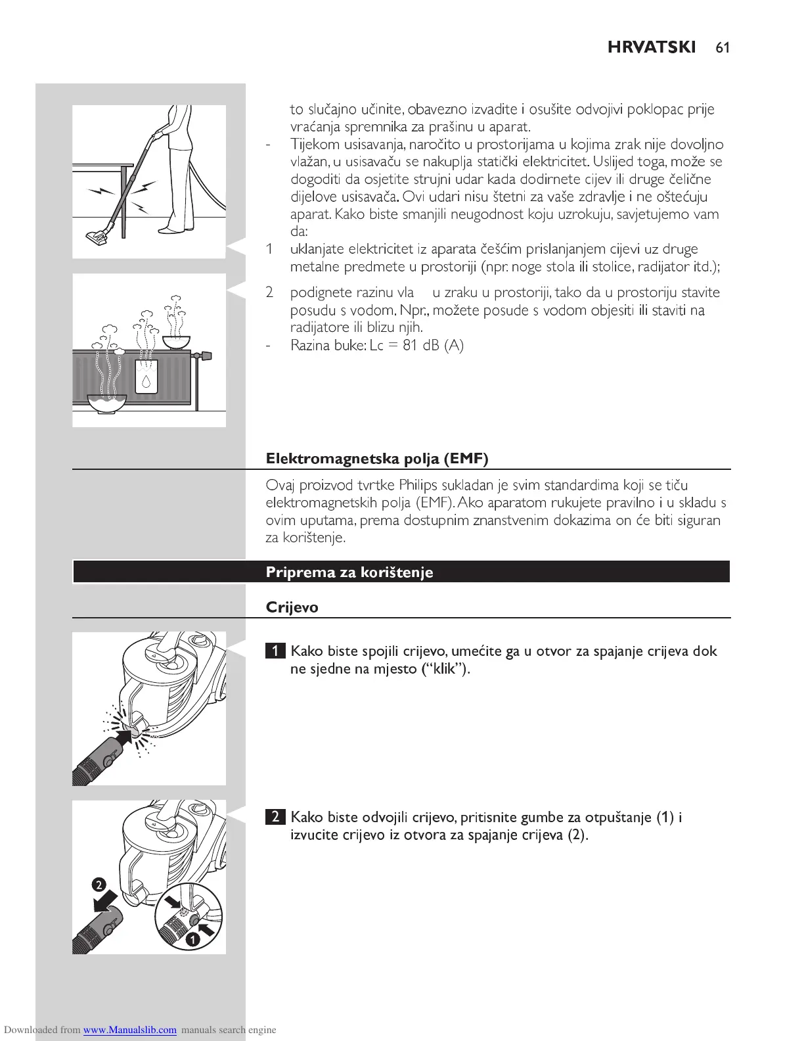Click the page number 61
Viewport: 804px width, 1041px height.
[x=723, y=47]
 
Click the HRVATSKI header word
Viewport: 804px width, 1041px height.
[x=652, y=47]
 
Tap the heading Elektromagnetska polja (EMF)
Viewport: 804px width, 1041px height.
[x=377, y=459]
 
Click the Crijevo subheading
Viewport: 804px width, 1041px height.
[x=292, y=607]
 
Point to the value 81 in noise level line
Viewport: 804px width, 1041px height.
[x=411, y=346]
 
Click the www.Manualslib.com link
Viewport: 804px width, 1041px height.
[x=129, y=1030]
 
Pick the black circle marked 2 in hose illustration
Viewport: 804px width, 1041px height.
[x=99, y=884]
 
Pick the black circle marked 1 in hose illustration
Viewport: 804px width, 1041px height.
[x=192, y=940]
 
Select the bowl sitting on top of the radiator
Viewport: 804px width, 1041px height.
[x=176, y=342]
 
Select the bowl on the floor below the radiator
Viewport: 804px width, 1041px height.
[x=106, y=402]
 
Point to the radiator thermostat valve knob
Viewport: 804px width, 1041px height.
[x=205, y=356]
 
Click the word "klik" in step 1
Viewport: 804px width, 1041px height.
[x=445, y=670]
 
